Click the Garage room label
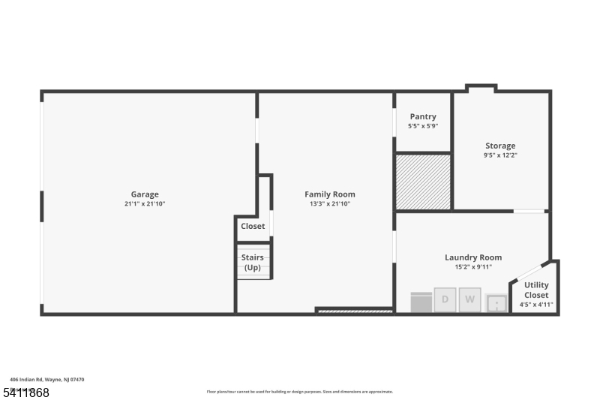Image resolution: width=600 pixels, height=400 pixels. click(145, 194)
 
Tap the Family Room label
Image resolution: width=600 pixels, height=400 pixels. click(329, 194)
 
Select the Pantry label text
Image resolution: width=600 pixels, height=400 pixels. click(423, 116)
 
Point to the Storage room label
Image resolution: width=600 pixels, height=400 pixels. click(500, 146)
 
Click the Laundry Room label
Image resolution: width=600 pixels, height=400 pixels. click(473, 257)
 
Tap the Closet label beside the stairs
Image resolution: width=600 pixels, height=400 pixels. click(253, 226)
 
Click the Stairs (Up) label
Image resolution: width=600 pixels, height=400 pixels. click(253, 262)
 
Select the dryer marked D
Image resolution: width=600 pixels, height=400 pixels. click(445, 300)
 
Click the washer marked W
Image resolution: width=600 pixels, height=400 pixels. click(470, 300)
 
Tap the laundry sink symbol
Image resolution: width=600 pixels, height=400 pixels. click(496, 303)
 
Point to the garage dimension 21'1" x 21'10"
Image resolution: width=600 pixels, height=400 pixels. click(145, 203)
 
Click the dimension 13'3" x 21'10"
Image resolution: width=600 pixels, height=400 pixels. click(329, 203)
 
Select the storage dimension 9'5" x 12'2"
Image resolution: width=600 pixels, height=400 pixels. click(500, 155)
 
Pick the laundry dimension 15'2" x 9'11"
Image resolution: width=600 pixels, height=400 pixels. click(473, 266)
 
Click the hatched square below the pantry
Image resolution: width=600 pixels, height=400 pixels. click(423, 182)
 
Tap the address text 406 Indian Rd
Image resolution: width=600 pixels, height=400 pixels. click(47, 380)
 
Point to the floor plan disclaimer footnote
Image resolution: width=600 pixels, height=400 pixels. click(299, 391)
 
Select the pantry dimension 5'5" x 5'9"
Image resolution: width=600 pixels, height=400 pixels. click(423, 126)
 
